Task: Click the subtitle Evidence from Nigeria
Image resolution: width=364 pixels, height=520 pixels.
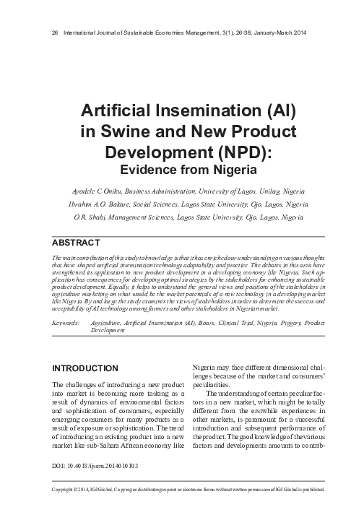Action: [x=182, y=170]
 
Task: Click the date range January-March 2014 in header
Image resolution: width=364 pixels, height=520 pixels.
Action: [x=285, y=32]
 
